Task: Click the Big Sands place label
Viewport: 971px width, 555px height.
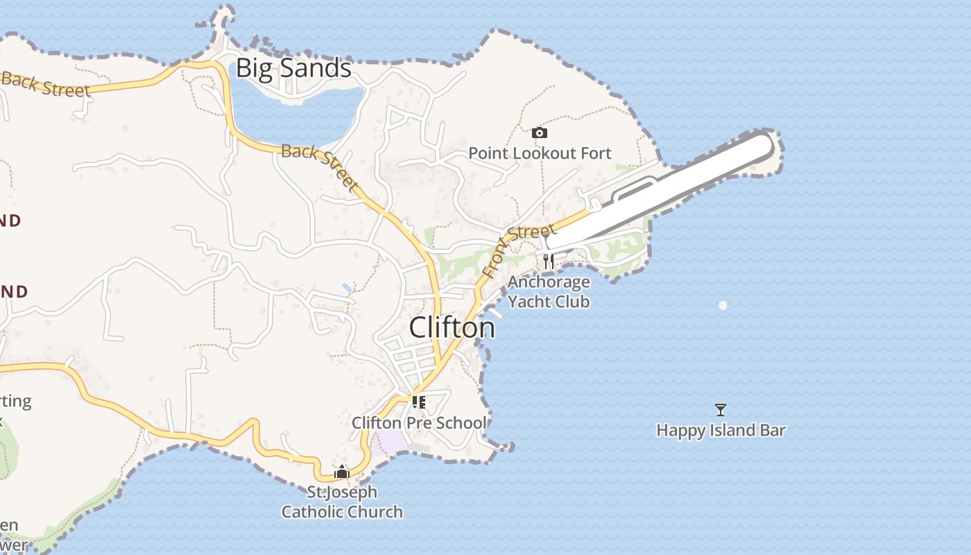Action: (x=293, y=68)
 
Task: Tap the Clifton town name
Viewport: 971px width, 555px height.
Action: (x=452, y=327)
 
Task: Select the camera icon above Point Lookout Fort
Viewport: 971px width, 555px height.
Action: (x=539, y=133)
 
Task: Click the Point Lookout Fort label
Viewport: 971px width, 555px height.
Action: (x=540, y=153)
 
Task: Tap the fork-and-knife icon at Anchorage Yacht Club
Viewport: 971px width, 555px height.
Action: (x=549, y=261)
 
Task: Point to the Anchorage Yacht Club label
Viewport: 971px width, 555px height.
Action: (x=549, y=291)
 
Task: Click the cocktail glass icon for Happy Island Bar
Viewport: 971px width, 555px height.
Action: (x=721, y=410)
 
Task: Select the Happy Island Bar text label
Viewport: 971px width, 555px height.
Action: (x=721, y=430)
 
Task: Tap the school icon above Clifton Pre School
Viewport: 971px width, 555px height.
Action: (x=418, y=402)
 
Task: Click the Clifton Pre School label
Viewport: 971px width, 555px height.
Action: (x=418, y=422)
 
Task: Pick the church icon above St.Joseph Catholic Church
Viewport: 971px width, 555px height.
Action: (x=341, y=472)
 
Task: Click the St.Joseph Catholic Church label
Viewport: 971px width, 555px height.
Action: (x=341, y=502)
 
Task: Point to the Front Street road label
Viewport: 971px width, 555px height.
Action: (x=519, y=249)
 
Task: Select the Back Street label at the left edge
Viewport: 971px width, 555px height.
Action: (x=46, y=84)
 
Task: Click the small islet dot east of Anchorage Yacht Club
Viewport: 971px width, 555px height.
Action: (x=723, y=305)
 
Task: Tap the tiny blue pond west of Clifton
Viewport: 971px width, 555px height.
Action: (x=347, y=287)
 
